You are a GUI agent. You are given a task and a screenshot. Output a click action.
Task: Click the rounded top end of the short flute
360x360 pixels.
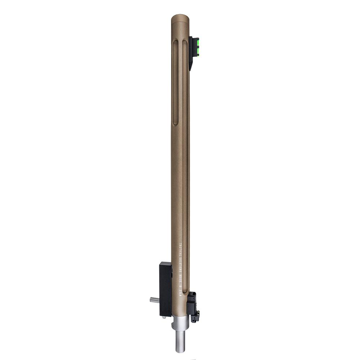click(x=175, y=42)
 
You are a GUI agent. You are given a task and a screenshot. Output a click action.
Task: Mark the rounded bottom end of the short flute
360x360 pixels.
click(x=175, y=122)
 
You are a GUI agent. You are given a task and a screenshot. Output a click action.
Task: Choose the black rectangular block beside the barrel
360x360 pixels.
click(x=166, y=288)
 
